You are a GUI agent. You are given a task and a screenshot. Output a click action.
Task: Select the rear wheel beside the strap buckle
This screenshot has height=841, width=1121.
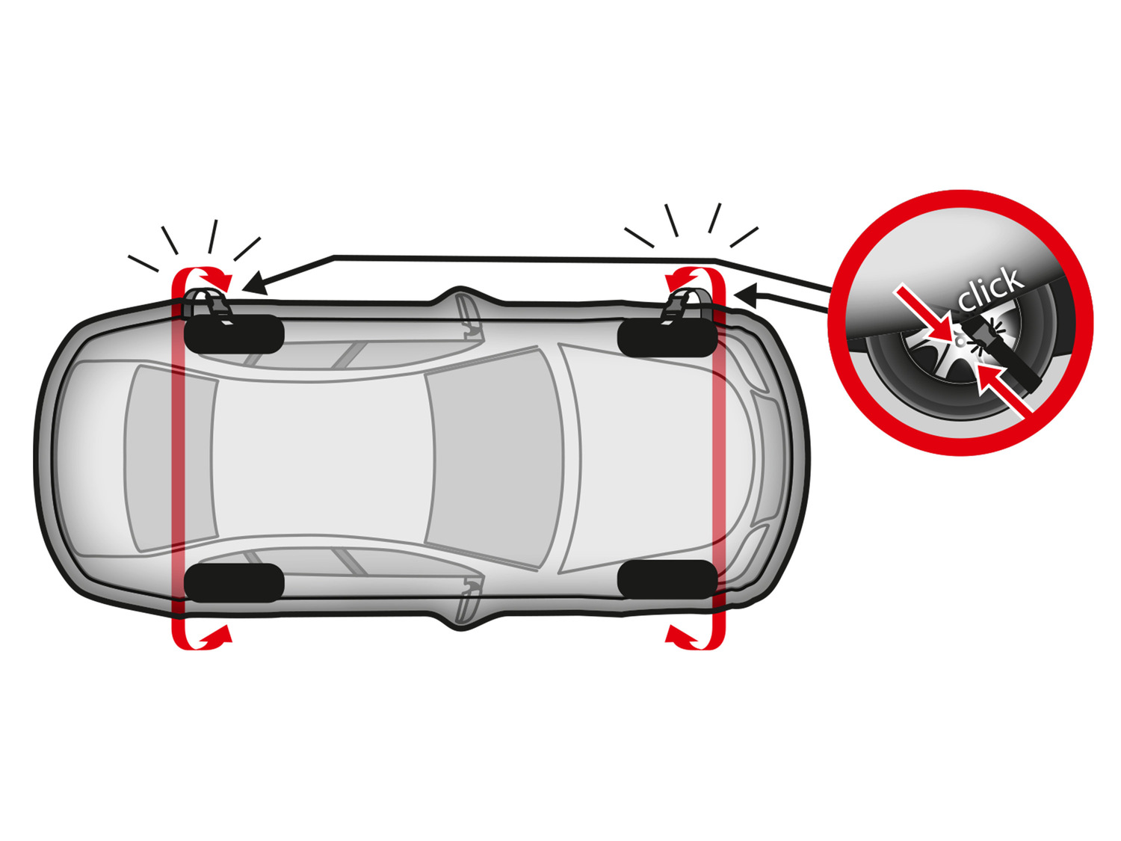pyautogui.click(x=233, y=334)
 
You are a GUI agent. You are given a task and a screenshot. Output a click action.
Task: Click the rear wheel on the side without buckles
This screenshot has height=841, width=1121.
pyautogui.click(x=233, y=582)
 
